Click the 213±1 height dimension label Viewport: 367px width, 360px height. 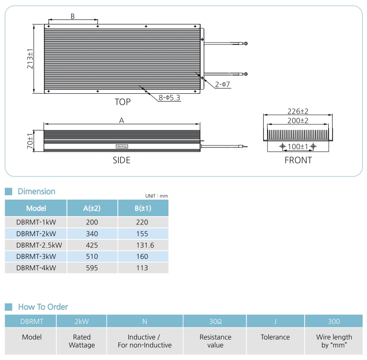[30, 59]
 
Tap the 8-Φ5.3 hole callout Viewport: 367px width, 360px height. [169, 98]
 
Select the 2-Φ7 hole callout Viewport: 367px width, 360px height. [223, 84]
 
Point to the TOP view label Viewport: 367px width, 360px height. [123, 102]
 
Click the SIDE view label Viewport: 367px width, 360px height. [121, 160]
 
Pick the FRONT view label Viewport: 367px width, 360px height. [298, 160]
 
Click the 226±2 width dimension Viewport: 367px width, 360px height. [298, 111]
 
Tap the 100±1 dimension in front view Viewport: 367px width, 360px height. [298, 146]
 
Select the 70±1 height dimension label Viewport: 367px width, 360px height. [30, 141]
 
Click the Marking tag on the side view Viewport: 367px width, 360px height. [122, 146]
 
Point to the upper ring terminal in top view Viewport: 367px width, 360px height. [246, 44]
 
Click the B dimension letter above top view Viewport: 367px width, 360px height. [72, 17]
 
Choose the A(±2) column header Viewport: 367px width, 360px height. [92, 208]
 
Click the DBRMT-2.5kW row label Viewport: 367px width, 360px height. [39, 245]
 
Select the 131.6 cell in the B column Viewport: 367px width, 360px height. [145, 245]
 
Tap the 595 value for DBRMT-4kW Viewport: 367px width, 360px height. [92, 268]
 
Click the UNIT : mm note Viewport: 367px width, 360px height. [157, 196]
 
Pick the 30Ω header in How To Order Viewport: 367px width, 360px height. [215, 322]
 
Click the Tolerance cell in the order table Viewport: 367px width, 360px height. [275, 337]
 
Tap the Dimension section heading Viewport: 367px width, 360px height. [37, 191]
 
